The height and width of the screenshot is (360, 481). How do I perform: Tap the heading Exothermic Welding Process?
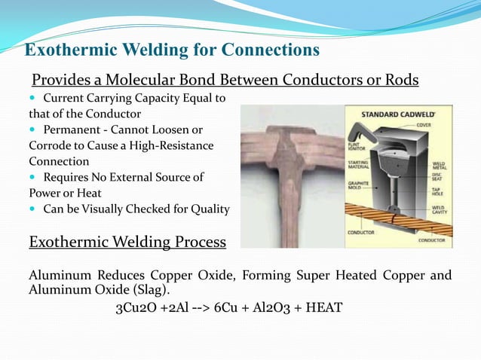tap(127, 242)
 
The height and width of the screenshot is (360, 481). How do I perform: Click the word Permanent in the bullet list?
tap(73, 130)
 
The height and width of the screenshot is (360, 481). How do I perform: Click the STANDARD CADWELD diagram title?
tap(398, 114)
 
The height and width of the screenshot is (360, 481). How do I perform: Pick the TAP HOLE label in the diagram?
tap(438, 191)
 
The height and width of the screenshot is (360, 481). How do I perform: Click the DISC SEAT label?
tap(438, 178)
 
